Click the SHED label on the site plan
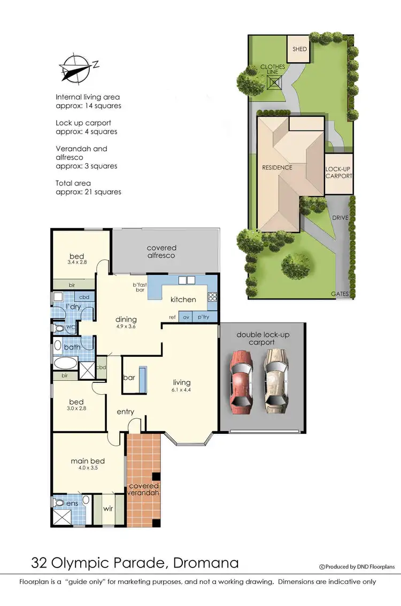(300, 49)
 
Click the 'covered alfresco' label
(161, 251)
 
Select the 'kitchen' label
(183, 300)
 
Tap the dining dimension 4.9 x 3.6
(126, 327)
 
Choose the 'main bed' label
(88, 461)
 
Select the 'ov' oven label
(187, 317)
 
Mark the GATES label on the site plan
(340, 294)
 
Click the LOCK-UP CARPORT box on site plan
(339, 173)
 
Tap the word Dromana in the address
(205, 563)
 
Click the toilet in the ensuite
(60, 503)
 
